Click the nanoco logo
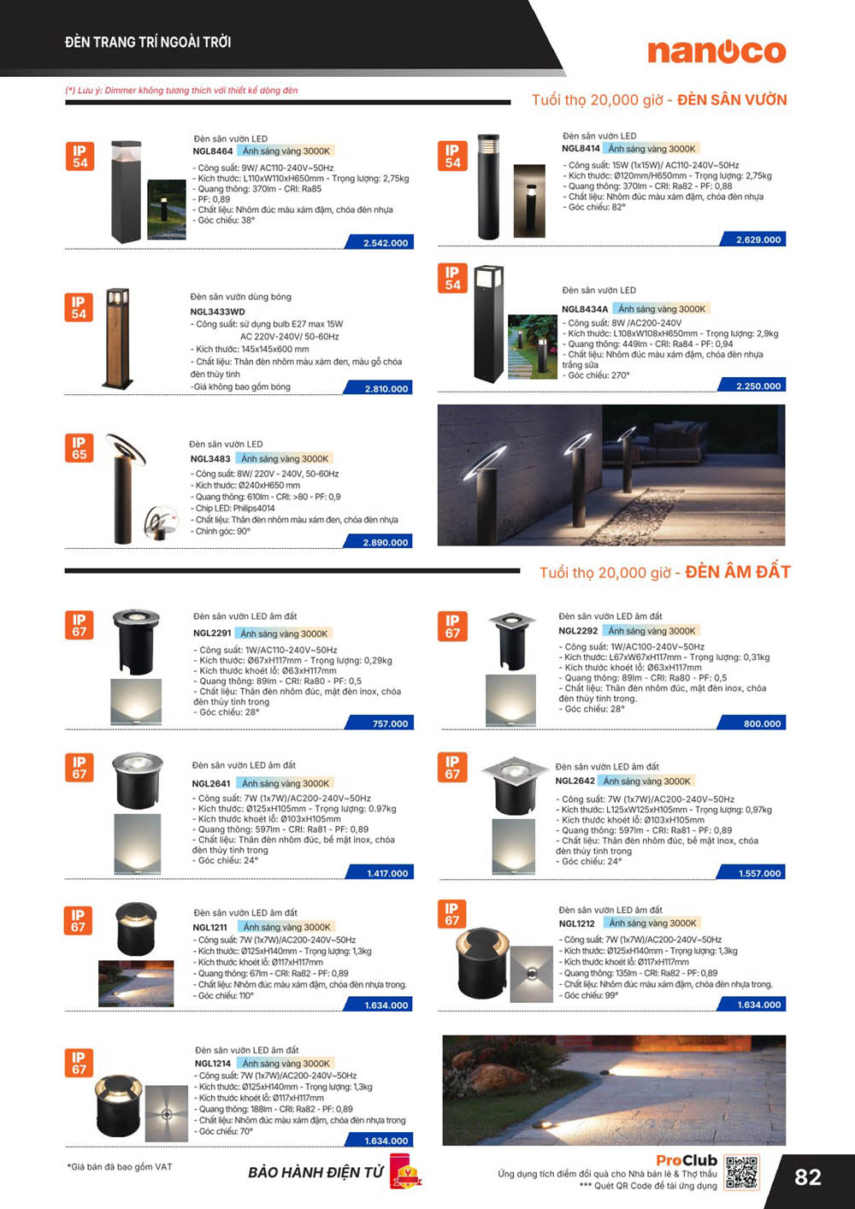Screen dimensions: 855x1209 (716, 52)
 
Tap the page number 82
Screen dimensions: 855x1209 (807, 1177)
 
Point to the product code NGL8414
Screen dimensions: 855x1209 (581, 149)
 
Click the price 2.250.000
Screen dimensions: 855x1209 (753, 386)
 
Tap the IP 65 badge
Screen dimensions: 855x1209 (80, 448)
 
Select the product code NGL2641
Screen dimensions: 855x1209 (211, 783)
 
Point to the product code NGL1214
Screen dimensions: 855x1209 (213, 1063)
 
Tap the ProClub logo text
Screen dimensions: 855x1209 (687, 1160)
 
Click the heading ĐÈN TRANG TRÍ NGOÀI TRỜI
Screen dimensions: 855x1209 (148, 42)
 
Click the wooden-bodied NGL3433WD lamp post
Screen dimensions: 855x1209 (118, 339)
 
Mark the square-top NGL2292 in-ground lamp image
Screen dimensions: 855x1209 (510, 641)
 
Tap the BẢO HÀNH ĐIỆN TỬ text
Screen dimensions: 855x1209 (315, 1172)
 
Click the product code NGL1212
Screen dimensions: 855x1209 (576, 923)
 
